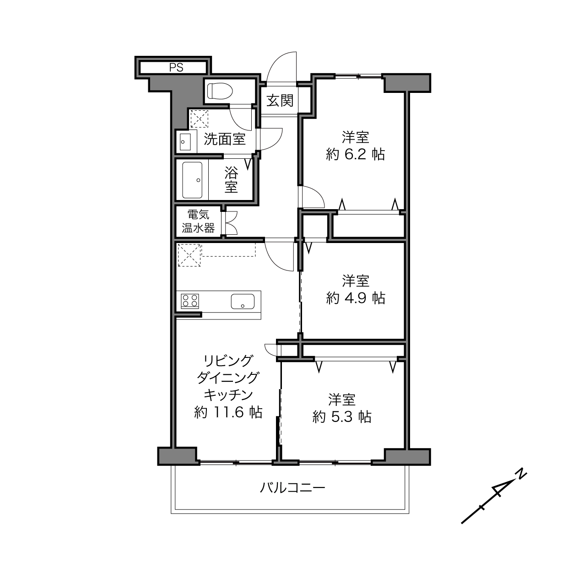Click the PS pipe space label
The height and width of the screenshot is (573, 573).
(x=176, y=67)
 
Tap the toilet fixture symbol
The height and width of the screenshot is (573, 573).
(x=220, y=91)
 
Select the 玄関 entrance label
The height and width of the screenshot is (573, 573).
(x=280, y=101)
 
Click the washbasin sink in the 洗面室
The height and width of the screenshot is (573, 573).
(x=185, y=142)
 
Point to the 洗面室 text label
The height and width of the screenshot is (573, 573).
(x=225, y=139)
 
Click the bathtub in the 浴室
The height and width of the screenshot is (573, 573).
(x=192, y=179)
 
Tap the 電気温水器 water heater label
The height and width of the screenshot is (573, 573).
(x=198, y=221)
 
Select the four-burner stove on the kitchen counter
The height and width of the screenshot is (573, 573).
(x=190, y=301)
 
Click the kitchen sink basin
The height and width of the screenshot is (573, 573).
(x=243, y=301)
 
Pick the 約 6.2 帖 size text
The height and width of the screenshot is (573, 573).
(x=355, y=154)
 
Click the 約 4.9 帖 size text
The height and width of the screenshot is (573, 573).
(x=356, y=297)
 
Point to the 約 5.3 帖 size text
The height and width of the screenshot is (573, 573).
(x=342, y=416)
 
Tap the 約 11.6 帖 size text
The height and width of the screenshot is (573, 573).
(x=228, y=412)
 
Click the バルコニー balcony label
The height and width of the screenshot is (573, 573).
(x=292, y=488)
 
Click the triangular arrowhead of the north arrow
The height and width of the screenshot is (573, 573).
(x=501, y=491)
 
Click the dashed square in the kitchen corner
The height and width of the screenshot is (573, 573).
(x=189, y=255)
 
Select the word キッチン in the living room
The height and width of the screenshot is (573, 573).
(x=228, y=395)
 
